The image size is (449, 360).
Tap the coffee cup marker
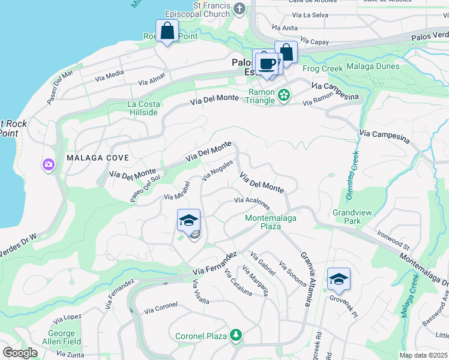(x=267, y=63)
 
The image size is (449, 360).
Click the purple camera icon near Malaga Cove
(x=48, y=164)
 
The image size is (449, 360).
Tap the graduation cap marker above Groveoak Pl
(x=339, y=278)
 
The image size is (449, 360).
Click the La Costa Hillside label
(x=143, y=108)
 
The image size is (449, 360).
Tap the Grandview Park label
(x=348, y=217)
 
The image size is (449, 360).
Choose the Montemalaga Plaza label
(x=271, y=222)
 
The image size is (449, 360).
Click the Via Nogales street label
(x=217, y=170)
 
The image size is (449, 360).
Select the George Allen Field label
(x=65, y=337)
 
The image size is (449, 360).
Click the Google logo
(x=20, y=353)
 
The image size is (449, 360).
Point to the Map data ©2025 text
(x=423, y=355)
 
